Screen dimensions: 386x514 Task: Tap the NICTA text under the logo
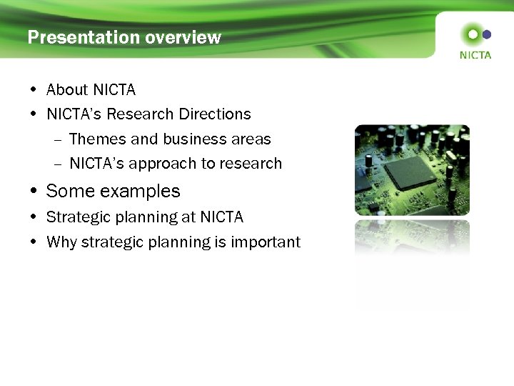tap(475, 55)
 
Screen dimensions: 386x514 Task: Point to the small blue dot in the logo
tap(487, 34)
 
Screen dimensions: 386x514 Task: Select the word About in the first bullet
tap(67, 90)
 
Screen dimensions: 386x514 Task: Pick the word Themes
tap(96, 139)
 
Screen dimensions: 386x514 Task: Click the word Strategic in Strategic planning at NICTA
tap(76, 217)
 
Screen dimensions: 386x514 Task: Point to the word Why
tap(61, 242)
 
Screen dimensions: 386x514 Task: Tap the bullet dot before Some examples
tap(34, 192)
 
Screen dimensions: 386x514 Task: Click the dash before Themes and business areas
tap(57, 139)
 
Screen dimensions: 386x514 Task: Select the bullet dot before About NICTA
tap(34, 90)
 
